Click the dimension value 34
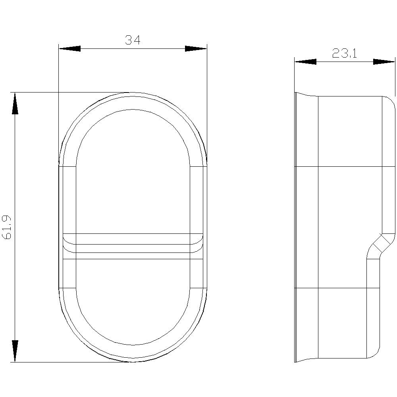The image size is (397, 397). [x=133, y=40]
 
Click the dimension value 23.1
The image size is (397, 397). [x=345, y=53]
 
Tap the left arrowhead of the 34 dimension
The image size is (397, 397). [x=69, y=48]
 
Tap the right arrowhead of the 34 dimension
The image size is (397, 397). [x=196, y=48]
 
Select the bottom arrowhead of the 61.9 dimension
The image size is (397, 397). [x=15, y=351]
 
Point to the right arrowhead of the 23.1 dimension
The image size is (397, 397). [x=384, y=62]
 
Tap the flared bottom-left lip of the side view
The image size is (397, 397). [x=306, y=360]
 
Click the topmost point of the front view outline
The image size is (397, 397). [x=133, y=92]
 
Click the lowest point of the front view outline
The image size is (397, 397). [x=133, y=362]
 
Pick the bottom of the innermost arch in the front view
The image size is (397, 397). [x=133, y=345]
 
